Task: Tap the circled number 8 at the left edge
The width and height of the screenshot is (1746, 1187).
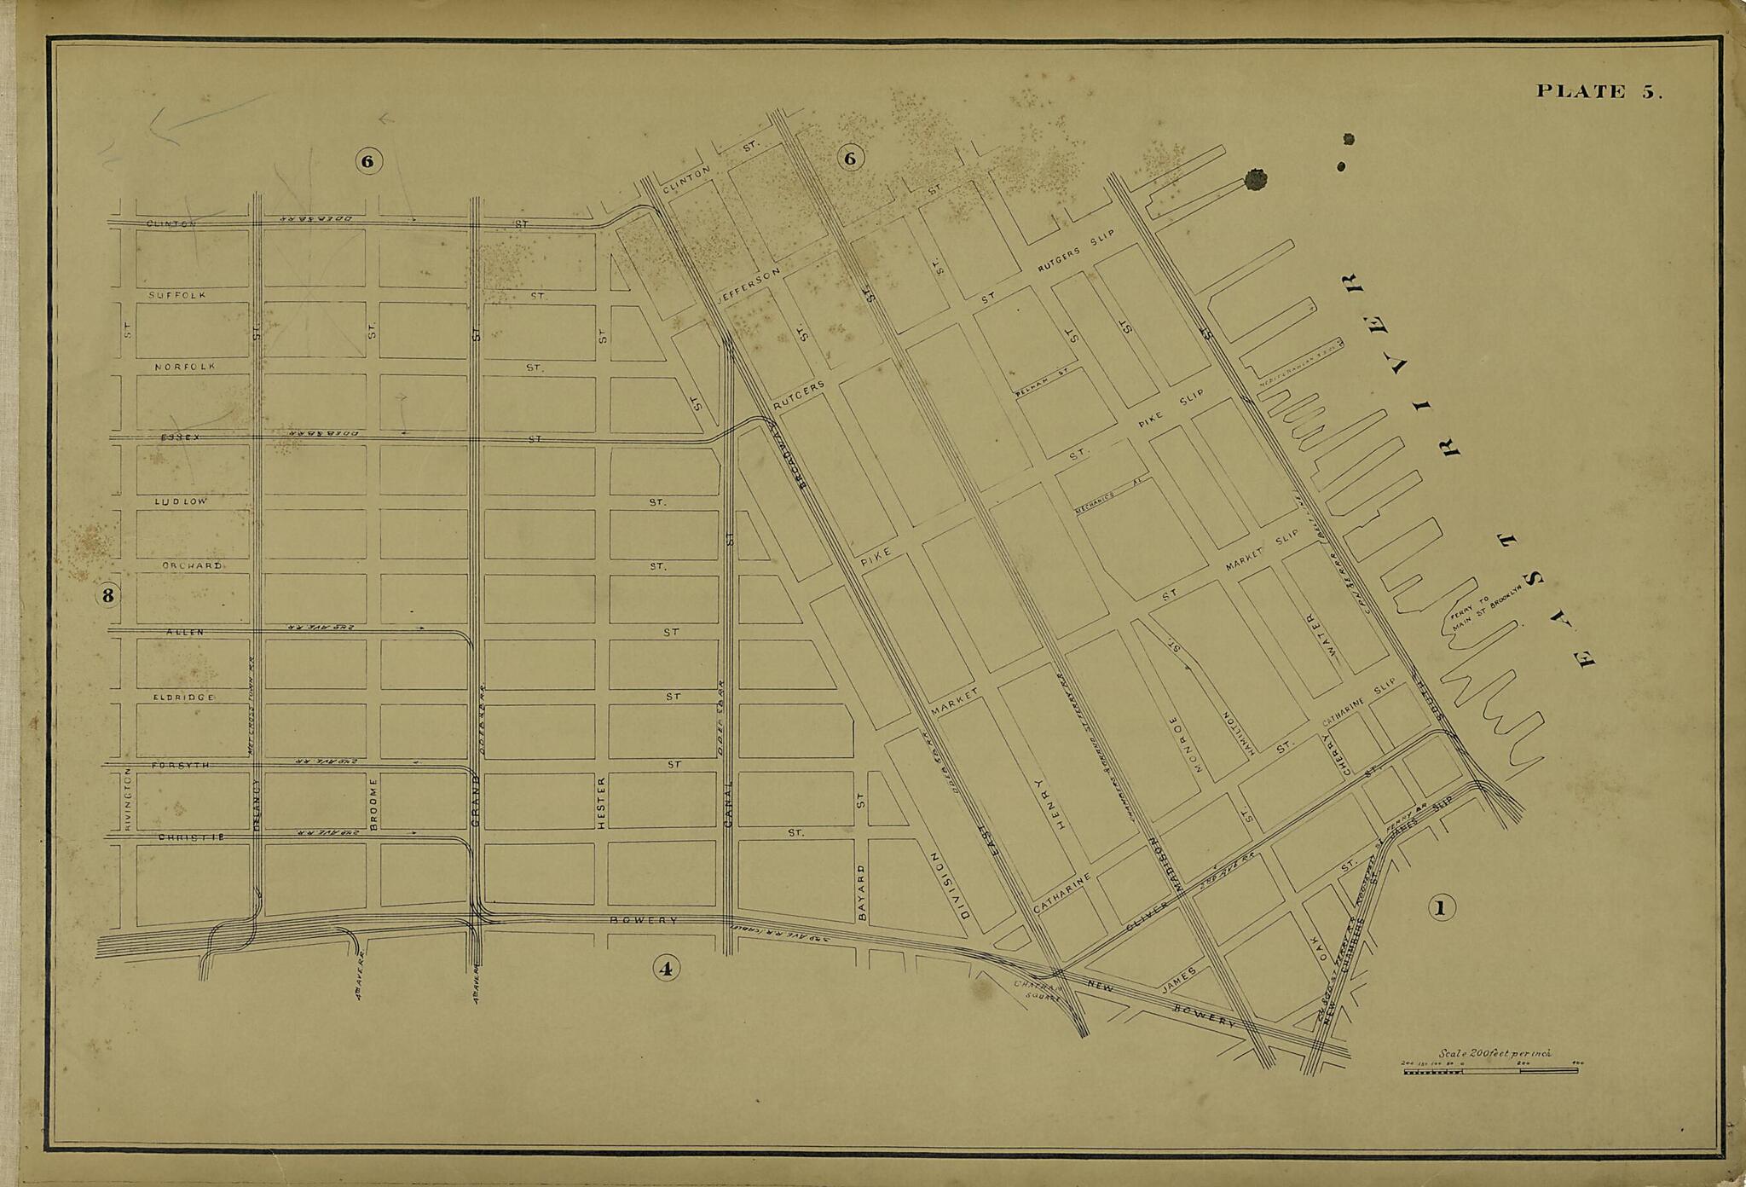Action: click(x=107, y=595)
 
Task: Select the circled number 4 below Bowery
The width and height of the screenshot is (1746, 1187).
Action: click(x=666, y=967)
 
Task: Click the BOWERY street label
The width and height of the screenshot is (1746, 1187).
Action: click(x=644, y=921)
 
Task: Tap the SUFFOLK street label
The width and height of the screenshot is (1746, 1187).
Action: click(x=176, y=295)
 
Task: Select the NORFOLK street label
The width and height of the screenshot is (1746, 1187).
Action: click(x=184, y=367)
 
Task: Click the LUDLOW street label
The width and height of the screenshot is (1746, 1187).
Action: click(x=181, y=501)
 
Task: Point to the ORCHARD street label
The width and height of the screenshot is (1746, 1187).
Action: click(x=193, y=566)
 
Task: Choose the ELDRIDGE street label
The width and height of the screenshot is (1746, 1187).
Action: click(x=183, y=698)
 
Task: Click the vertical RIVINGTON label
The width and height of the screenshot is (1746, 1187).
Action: click(x=129, y=798)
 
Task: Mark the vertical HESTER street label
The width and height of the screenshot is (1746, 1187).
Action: click(x=601, y=802)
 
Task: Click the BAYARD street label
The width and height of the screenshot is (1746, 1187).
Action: click(x=861, y=892)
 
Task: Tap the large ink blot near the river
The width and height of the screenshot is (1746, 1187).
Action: click(x=1256, y=180)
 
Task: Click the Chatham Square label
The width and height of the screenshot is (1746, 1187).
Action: click(x=1038, y=990)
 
